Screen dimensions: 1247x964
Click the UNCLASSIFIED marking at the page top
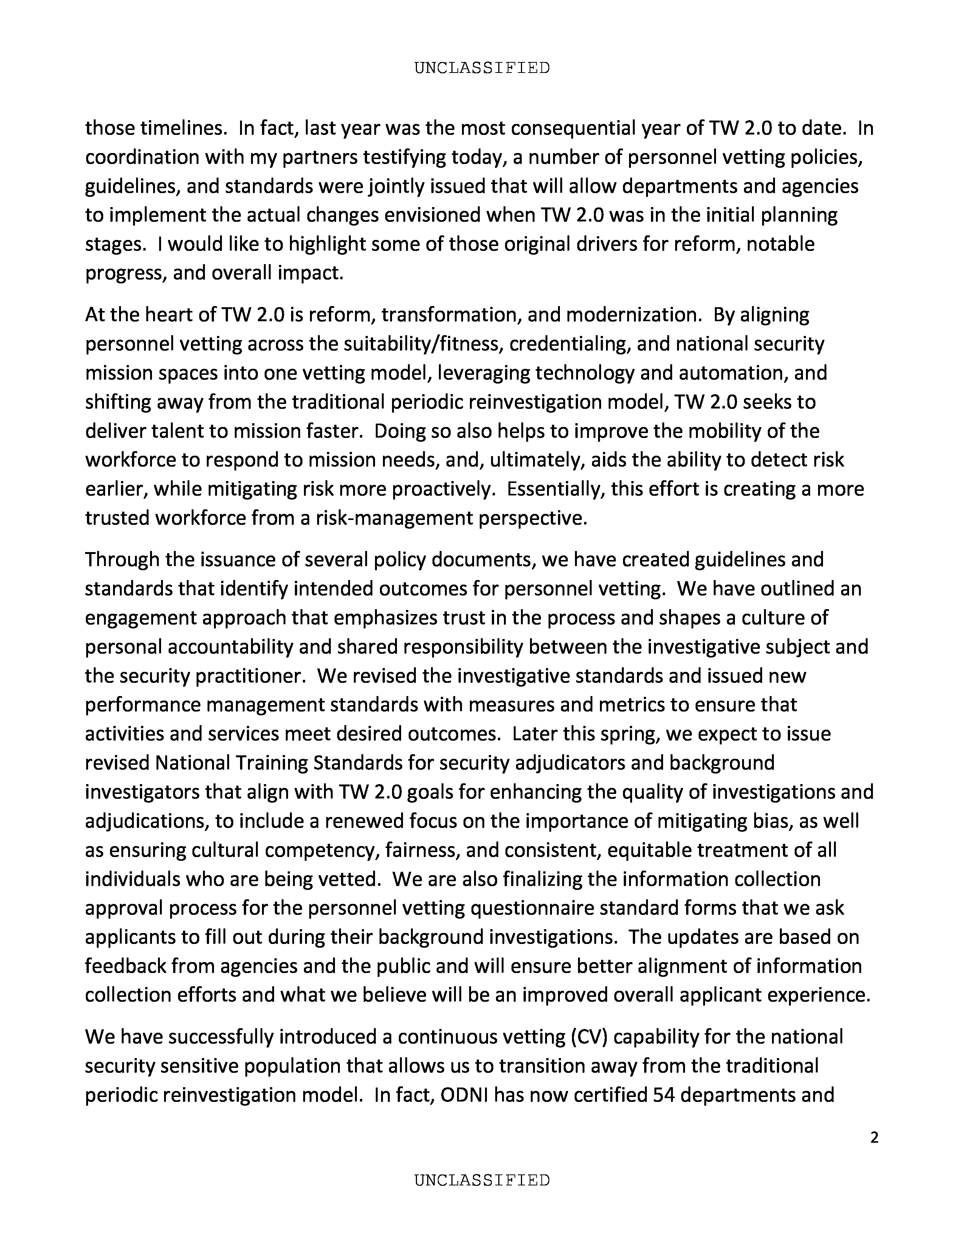481,68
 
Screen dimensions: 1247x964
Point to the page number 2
874,1138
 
